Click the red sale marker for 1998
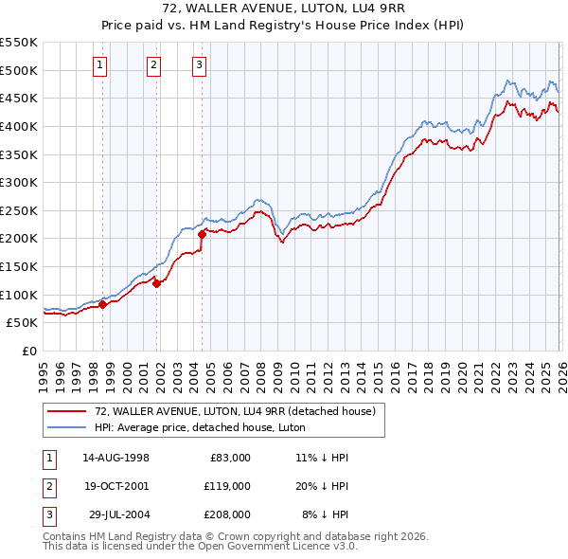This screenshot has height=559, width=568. pyautogui.click(x=102, y=304)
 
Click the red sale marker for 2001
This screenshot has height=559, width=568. pyautogui.click(x=156, y=284)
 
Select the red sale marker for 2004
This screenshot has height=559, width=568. pyautogui.click(x=203, y=234)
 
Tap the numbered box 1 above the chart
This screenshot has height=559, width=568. pyautogui.click(x=100, y=65)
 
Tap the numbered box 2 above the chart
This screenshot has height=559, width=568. pyautogui.click(x=153, y=65)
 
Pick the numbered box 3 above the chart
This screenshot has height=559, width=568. pyautogui.click(x=200, y=65)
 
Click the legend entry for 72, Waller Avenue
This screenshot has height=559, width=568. pyautogui.click(x=235, y=411)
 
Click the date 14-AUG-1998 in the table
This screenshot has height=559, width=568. pyautogui.click(x=115, y=458)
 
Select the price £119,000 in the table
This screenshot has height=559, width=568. pyautogui.click(x=228, y=486)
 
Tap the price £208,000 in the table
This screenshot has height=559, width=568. pyautogui.click(x=228, y=514)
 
